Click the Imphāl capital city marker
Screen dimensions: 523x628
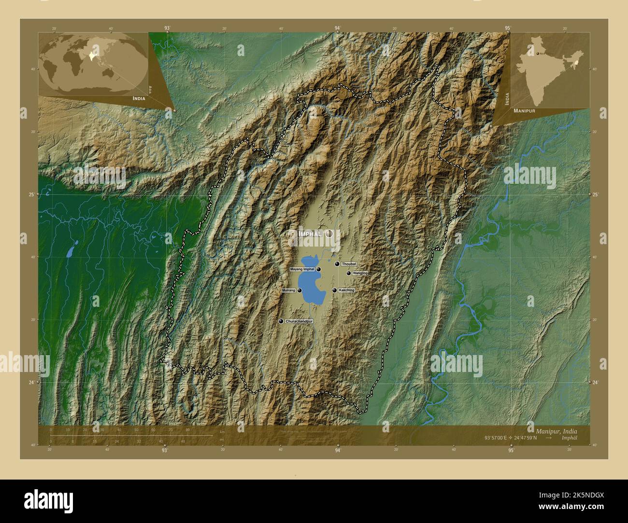(329, 234)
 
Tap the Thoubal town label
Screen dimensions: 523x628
(348, 264)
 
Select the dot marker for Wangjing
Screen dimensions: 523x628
(349, 273)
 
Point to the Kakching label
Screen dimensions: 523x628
(346, 290)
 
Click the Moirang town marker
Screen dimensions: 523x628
(300, 290)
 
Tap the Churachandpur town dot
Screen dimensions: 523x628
(281, 321)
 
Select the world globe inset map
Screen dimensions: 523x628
(92, 63)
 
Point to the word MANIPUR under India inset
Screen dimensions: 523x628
(524, 110)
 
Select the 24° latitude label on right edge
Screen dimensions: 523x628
(595, 382)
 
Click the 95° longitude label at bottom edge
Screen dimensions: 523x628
(511, 450)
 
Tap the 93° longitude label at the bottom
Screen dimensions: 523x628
(165, 450)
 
